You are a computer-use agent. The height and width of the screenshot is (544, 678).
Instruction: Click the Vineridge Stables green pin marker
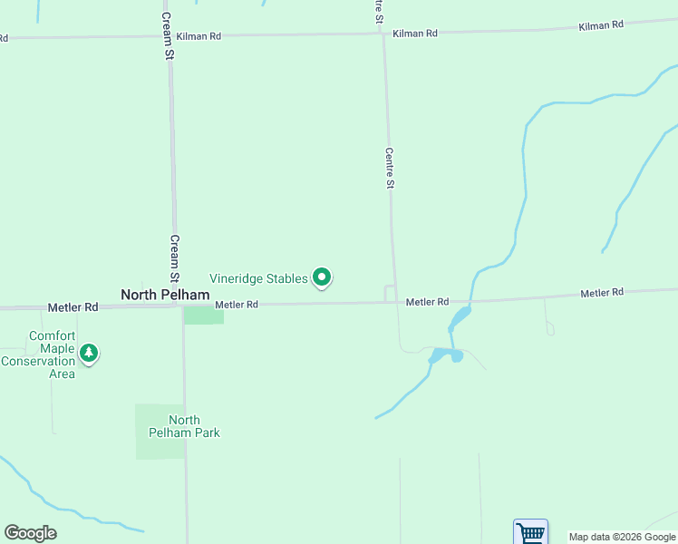click(321, 277)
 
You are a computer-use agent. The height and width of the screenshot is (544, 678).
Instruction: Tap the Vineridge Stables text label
click(258, 278)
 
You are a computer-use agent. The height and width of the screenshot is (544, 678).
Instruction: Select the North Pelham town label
click(165, 295)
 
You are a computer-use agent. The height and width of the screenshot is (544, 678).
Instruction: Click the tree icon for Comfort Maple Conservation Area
click(88, 353)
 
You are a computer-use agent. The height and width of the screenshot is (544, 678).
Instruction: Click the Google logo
click(30, 533)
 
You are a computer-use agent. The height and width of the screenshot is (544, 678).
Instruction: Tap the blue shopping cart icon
click(530, 531)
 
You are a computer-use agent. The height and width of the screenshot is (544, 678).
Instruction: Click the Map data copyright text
click(622, 537)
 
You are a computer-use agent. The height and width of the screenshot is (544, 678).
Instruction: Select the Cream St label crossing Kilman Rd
click(168, 36)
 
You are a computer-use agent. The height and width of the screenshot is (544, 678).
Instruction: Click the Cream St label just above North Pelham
click(175, 259)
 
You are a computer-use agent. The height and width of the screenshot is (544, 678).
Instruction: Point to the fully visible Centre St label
click(389, 169)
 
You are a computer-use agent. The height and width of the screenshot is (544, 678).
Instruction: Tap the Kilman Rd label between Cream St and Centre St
click(199, 35)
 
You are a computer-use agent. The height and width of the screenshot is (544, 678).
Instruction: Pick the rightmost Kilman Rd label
click(601, 25)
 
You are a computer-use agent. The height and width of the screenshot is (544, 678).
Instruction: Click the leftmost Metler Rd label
click(73, 307)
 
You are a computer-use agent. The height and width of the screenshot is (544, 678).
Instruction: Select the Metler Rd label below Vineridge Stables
click(237, 305)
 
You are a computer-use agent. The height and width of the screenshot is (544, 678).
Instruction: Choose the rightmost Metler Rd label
click(602, 293)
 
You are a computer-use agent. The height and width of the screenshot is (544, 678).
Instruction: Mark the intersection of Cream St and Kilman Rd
click(169, 37)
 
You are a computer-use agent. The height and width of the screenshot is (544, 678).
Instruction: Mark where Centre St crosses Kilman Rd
click(383, 34)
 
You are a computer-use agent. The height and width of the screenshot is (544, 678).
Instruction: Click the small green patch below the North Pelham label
click(204, 315)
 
